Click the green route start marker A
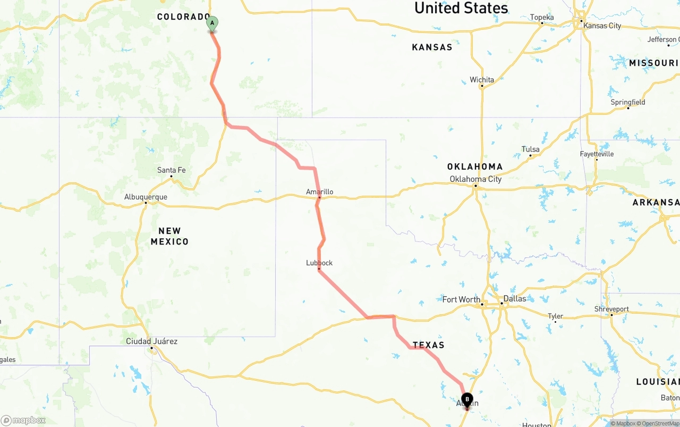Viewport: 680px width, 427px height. point(212,24)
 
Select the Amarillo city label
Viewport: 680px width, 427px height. point(320,191)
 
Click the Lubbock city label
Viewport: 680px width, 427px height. point(319,263)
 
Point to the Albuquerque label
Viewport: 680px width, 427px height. point(146,197)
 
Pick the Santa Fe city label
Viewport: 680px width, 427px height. point(171,170)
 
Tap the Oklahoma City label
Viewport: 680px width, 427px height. point(475,179)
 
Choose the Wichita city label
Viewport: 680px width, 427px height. point(482,80)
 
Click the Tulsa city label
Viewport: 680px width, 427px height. point(530,149)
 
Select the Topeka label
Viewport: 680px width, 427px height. point(542,18)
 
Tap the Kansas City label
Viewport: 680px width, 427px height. point(602,26)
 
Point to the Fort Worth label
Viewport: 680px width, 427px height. point(461,299)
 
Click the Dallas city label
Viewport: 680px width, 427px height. point(515,299)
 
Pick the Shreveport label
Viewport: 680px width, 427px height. point(611,309)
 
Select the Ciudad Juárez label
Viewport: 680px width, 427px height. point(151,341)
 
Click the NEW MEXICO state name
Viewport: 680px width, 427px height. point(169,236)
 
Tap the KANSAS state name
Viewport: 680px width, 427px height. point(432,47)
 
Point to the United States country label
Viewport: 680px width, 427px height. point(461,8)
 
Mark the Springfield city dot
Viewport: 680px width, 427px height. point(628,108)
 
